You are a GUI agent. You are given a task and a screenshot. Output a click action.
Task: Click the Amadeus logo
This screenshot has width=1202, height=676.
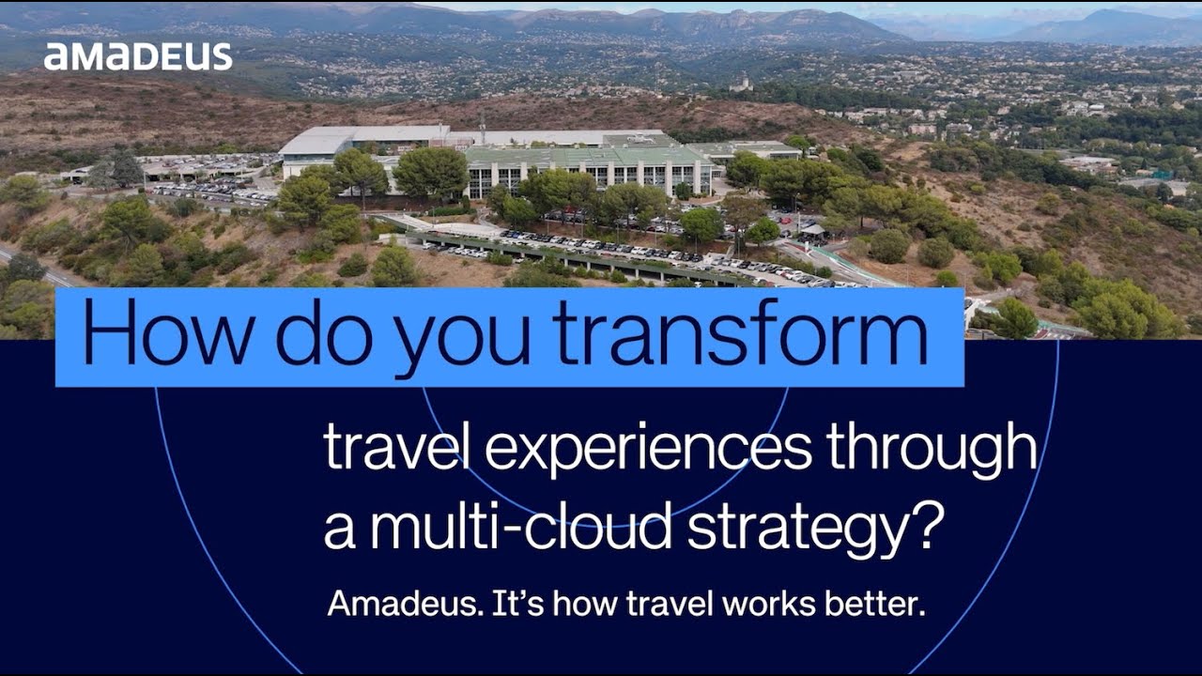tap(138, 57)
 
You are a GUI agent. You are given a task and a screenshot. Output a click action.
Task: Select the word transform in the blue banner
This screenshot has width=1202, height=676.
tap(740, 333)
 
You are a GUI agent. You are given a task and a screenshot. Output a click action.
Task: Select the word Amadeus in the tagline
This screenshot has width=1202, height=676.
tap(404, 604)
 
